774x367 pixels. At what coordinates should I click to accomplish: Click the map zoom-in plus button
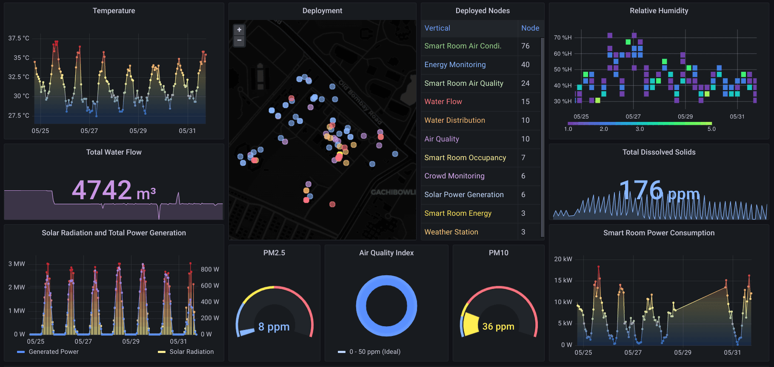coord(239,30)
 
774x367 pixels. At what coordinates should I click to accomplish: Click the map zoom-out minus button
coord(239,41)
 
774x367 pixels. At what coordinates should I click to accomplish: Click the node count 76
coord(526,46)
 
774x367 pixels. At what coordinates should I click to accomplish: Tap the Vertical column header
coord(437,28)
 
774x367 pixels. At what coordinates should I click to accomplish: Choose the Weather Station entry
coord(451,232)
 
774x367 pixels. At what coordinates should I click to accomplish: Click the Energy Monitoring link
coord(455,65)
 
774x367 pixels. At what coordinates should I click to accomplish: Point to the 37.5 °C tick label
coord(19,38)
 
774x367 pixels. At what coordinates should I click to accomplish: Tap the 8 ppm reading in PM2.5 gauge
coord(274,327)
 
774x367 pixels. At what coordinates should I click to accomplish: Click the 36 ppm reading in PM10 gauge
coord(498,326)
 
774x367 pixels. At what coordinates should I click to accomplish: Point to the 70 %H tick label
coord(563,37)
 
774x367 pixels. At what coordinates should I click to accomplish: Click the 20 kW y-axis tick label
coord(563,259)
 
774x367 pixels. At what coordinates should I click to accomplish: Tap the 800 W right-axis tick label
coord(210,269)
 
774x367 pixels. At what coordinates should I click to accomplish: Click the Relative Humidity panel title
coord(659,11)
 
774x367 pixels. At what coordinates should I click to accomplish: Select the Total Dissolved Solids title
coord(659,152)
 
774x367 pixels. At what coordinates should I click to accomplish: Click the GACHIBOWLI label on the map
coord(393,192)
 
